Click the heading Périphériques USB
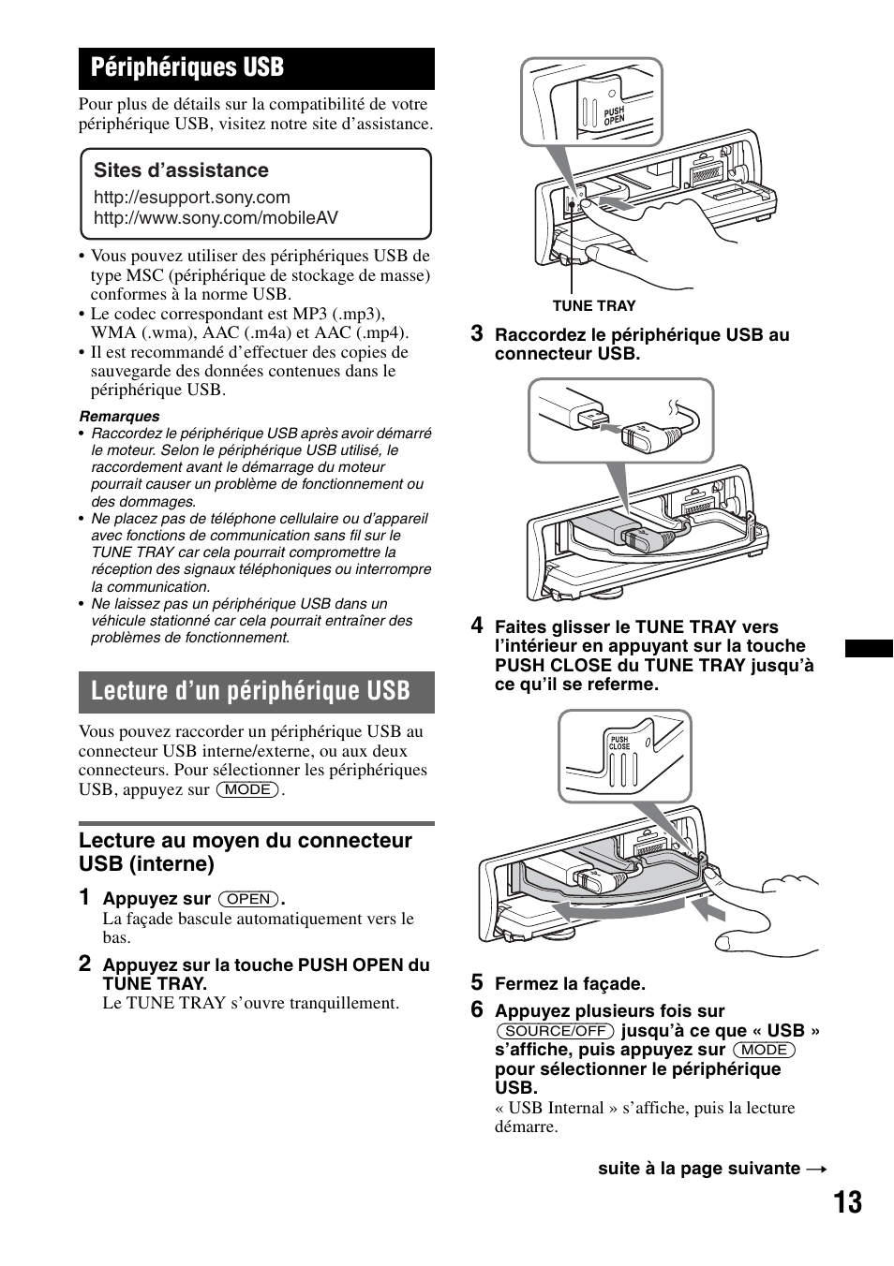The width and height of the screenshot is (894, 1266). click(x=187, y=67)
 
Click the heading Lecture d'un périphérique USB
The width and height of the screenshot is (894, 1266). click(x=250, y=691)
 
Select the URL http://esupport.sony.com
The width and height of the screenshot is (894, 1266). click(x=191, y=198)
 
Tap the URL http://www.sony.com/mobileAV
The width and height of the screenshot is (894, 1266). click(x=216, y=218)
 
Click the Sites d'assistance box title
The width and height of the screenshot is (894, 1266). click(x=181, y=170)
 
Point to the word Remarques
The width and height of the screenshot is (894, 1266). click(x=119, y=417)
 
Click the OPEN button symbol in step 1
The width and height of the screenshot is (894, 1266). click(x=249, y=899)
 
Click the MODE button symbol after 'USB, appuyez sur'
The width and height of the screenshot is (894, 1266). click(x=248, y=789)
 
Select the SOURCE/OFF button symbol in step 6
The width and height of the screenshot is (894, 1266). click(x=556, y=1031)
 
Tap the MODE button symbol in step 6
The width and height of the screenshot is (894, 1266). click(x=765, y=1050)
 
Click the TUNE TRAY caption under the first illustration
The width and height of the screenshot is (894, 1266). click(x=593, y=306)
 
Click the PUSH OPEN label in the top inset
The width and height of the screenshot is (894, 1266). click(x=614, y=117)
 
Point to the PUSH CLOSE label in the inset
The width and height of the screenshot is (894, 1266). click(x=619, y=742)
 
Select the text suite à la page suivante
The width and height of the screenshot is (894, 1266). click(x=699, y=1169)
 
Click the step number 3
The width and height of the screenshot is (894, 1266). click(x=477, y=333)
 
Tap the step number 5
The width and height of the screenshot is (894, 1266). click(x=477, y=982)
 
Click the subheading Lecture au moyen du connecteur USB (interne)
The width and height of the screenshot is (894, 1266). click(x=245, y=851)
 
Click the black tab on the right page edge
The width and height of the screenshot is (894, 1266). click(x=869, y=648)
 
